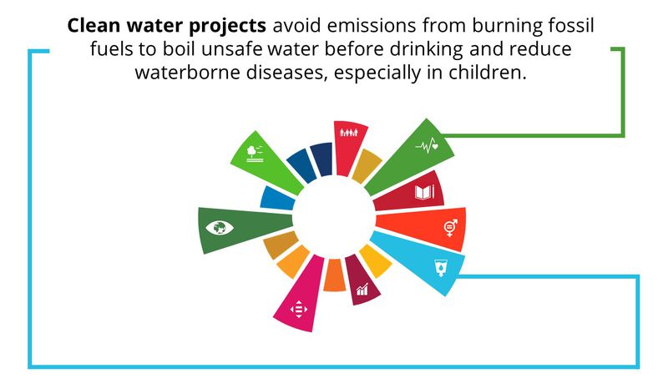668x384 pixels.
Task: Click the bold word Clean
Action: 94,26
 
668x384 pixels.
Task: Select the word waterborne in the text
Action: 187,72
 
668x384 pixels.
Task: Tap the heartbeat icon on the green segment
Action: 427,146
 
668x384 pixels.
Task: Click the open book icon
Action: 425,192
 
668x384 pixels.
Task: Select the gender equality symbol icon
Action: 451,227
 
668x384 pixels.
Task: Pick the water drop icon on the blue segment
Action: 441,268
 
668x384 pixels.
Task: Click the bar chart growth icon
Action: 362,290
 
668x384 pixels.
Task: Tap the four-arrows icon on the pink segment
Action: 299,309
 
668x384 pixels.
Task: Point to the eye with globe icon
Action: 220,228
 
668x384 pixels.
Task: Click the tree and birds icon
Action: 255,154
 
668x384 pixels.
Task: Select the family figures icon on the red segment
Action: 349,133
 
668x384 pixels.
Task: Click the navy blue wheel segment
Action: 322,159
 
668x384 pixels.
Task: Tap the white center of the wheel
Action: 334,218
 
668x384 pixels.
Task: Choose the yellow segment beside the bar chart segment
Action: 375,260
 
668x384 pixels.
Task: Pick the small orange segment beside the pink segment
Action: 334,275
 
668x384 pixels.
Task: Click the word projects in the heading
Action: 227,27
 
